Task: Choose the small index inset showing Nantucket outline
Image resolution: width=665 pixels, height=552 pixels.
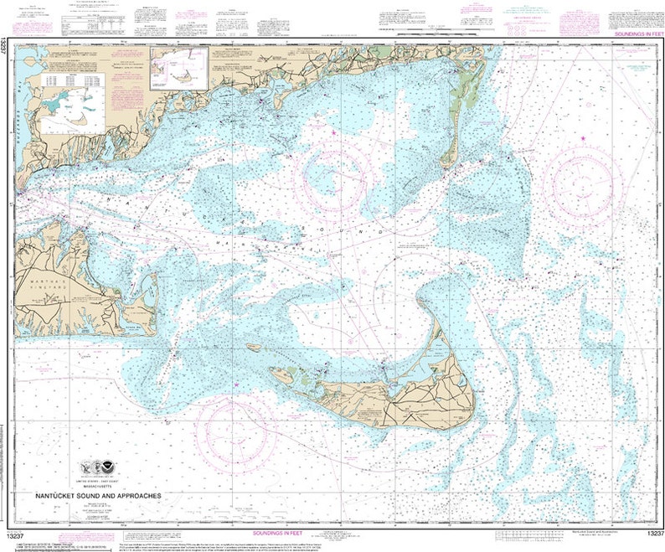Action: (178, 68)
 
